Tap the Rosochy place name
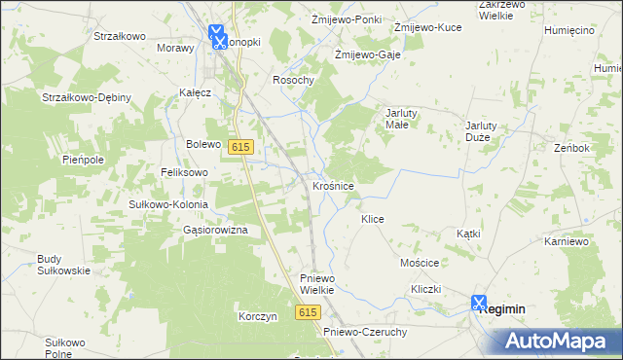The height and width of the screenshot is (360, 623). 293,81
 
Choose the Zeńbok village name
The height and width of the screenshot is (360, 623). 573,148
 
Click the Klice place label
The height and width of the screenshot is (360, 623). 373,220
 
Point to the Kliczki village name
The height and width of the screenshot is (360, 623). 426,290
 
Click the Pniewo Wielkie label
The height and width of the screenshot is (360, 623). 316,283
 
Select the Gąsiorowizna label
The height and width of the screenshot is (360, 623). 215,230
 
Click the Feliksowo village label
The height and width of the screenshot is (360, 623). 186,171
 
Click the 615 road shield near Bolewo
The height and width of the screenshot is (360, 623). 242,146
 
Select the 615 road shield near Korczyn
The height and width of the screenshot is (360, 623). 309,311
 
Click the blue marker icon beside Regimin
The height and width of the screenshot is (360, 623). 479,304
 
